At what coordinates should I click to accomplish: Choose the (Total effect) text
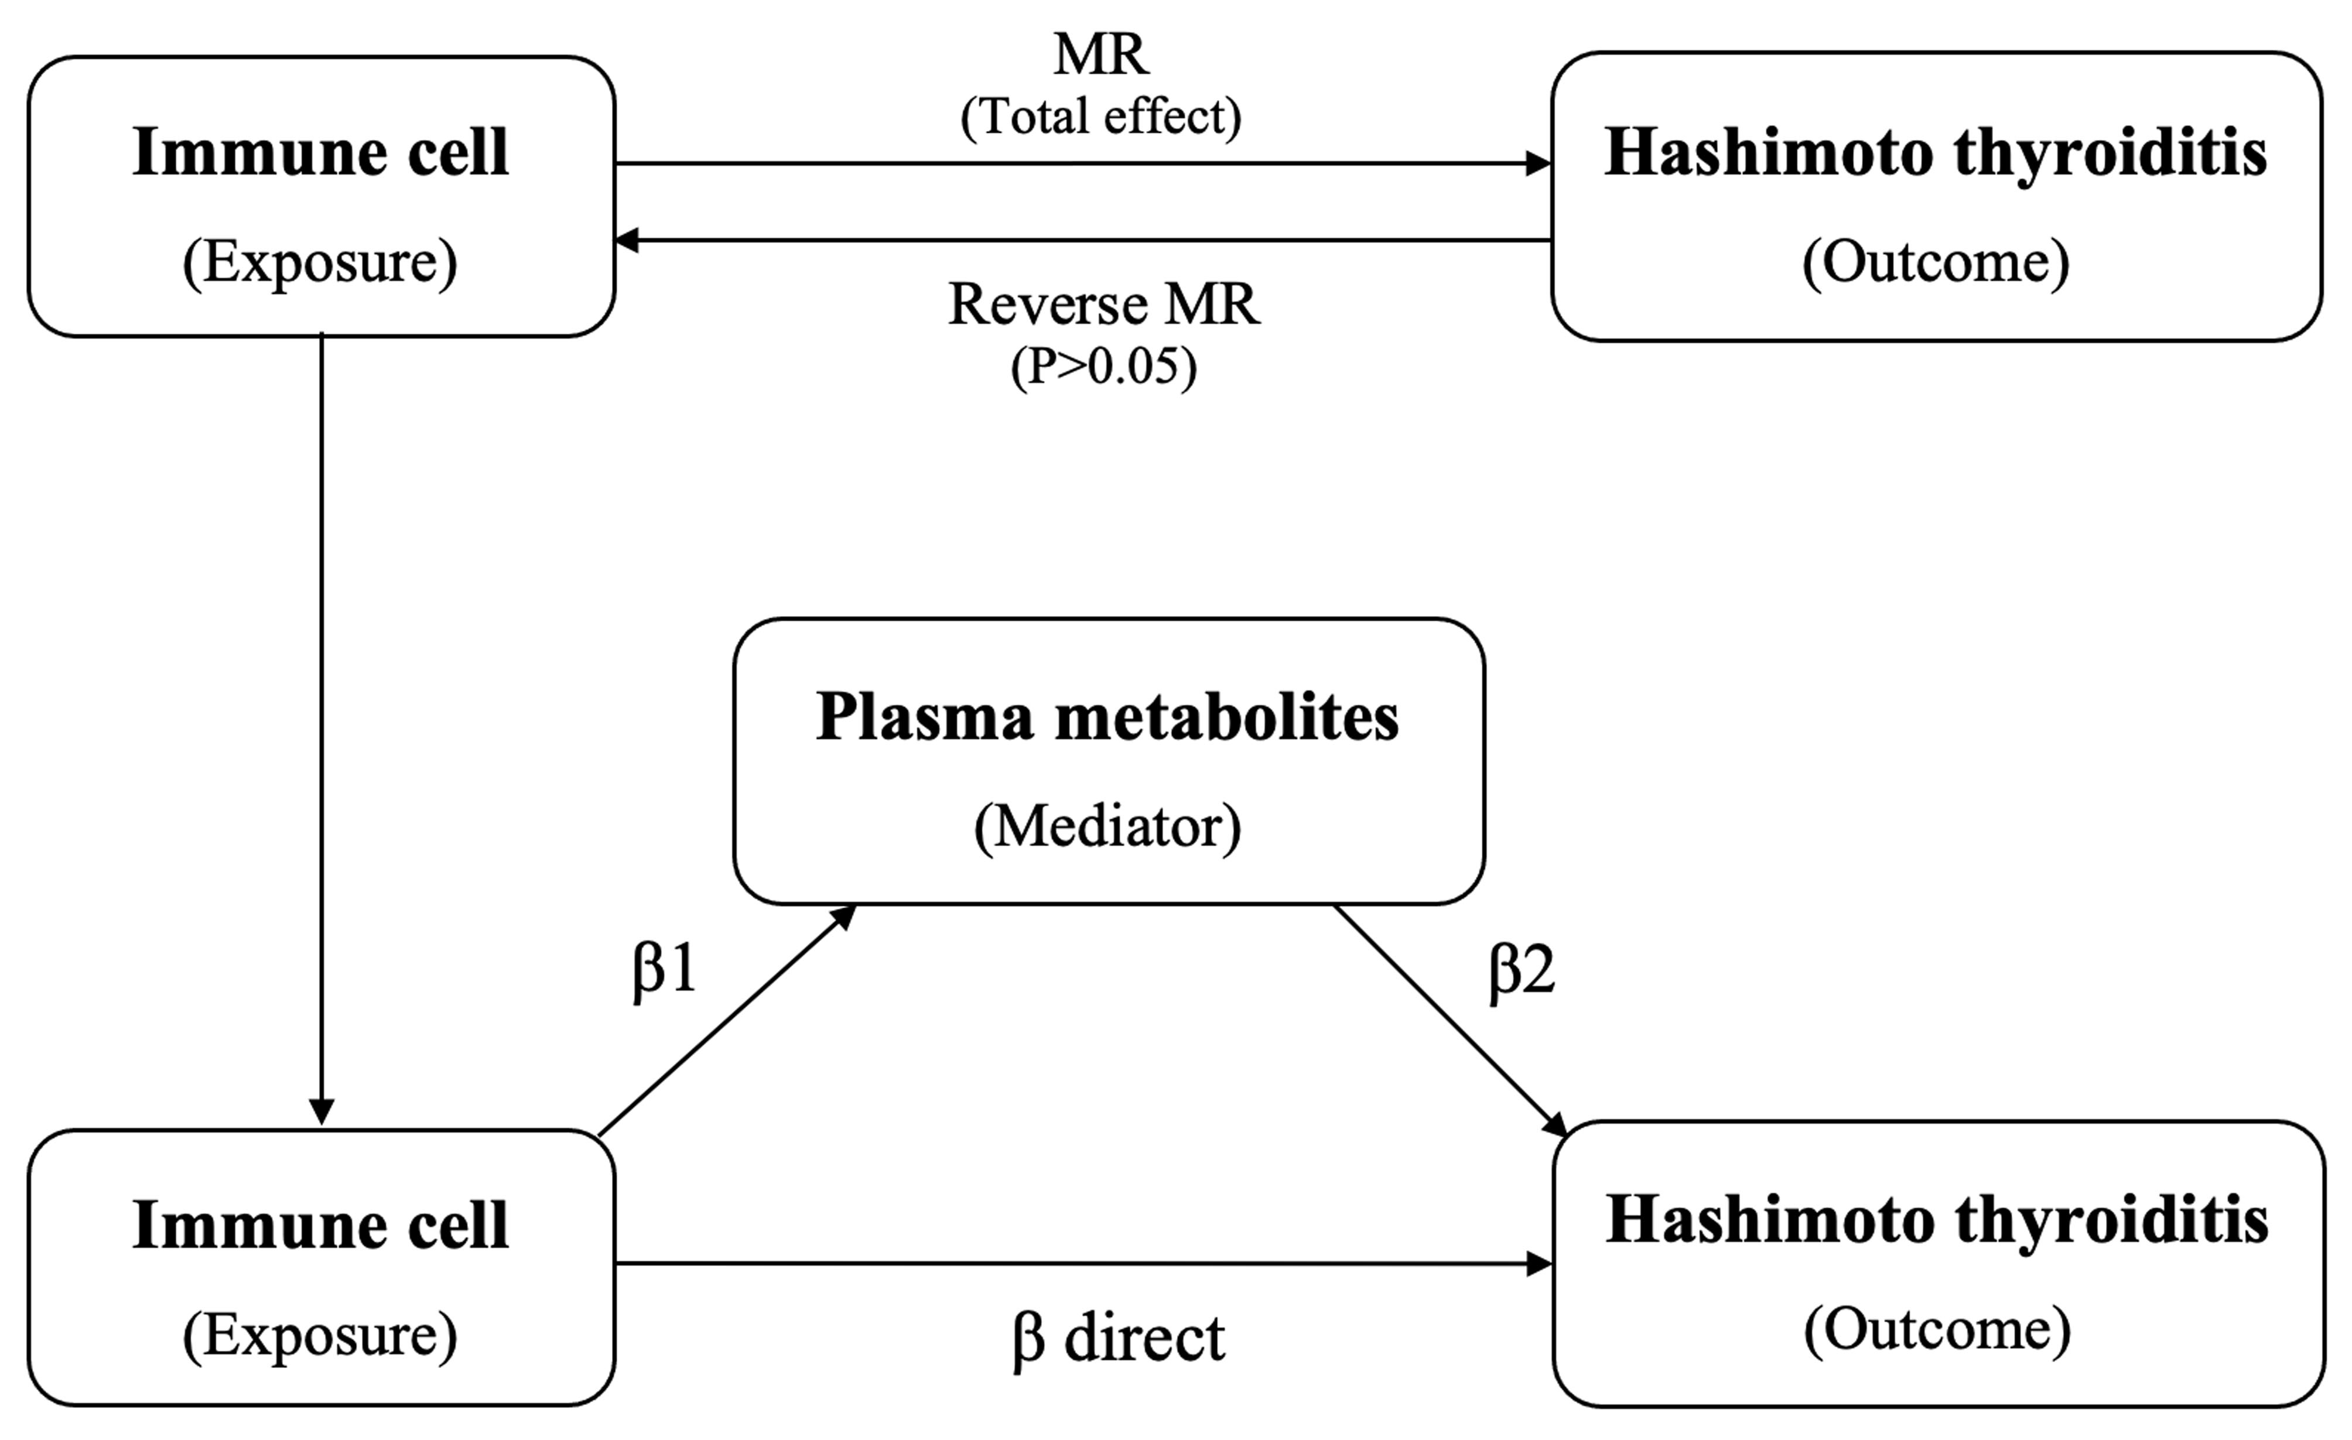click(x=1100, y=117)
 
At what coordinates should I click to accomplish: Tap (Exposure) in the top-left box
click(x=320, y=262)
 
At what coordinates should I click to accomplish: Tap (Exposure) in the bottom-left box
click(x=320, y=1336)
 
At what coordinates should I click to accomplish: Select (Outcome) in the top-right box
click(x=1936, y=262)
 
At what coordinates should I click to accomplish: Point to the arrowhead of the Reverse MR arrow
click(x=627, y=241)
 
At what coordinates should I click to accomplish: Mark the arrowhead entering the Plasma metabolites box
click(x=844, y=916)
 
